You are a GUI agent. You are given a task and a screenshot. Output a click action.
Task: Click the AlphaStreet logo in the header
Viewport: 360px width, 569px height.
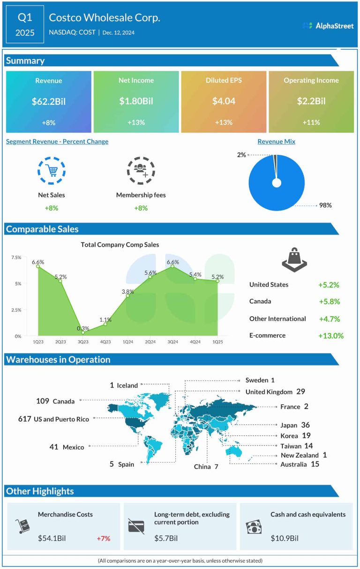click(328, 26)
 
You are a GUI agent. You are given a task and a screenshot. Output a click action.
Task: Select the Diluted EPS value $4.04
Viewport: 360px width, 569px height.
click(224, 101)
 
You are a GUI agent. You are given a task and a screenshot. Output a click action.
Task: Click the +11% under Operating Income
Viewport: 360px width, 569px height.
click(311, 122)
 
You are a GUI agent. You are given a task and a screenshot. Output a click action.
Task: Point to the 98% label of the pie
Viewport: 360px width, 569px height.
click(326, 205)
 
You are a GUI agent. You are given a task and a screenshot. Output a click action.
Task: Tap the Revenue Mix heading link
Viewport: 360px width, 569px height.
click(276, 142)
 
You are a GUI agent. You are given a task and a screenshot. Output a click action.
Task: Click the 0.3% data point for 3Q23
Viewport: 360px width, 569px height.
click(83, 333)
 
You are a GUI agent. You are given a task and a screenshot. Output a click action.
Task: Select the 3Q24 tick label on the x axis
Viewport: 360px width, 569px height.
click(173, 343)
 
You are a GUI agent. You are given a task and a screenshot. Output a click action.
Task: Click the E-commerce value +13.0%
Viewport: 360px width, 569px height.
click(330, 335)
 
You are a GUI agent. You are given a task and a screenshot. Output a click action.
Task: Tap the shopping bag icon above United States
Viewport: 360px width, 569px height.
click(294, 258)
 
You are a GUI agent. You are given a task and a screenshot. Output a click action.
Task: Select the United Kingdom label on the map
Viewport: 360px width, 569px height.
click(269, 392)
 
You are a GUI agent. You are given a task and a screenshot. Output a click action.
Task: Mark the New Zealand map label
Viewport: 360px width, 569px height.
click(300, 455)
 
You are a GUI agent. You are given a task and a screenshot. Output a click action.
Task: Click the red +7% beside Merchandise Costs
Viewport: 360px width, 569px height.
click(103, 538)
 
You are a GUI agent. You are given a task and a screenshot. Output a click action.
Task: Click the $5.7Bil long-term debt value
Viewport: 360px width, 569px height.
click(166, 538)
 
